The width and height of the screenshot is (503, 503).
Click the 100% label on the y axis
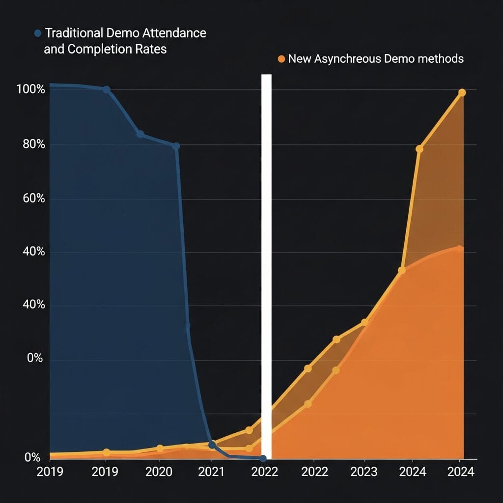[x=30, y=90]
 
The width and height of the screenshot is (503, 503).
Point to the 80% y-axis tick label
[x=33, y=144]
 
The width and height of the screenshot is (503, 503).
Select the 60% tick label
[x=33, y=198]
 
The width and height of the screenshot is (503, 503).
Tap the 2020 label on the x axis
[x=159, y=472]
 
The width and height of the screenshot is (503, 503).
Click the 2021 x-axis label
[x=211, y=472]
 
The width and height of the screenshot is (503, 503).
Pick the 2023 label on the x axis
[x=364, y=472]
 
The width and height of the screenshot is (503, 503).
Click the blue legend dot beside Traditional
[x=38, y=34]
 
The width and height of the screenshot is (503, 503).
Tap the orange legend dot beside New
[x=281, y=59]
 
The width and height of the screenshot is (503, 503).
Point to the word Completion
[x=97, y=50]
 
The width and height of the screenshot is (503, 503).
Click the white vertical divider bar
[x=266, y=265]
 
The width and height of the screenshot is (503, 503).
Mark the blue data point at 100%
[x=107, y=89]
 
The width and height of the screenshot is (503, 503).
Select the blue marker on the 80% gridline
[x=176, y=146]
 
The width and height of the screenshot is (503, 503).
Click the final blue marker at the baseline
[x=263, y=458]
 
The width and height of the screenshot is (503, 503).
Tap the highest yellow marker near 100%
[x=462, y=92]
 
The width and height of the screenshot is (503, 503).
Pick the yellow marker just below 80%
[x=419, y=149]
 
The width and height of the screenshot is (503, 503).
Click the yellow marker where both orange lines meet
[x=401, y=270]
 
